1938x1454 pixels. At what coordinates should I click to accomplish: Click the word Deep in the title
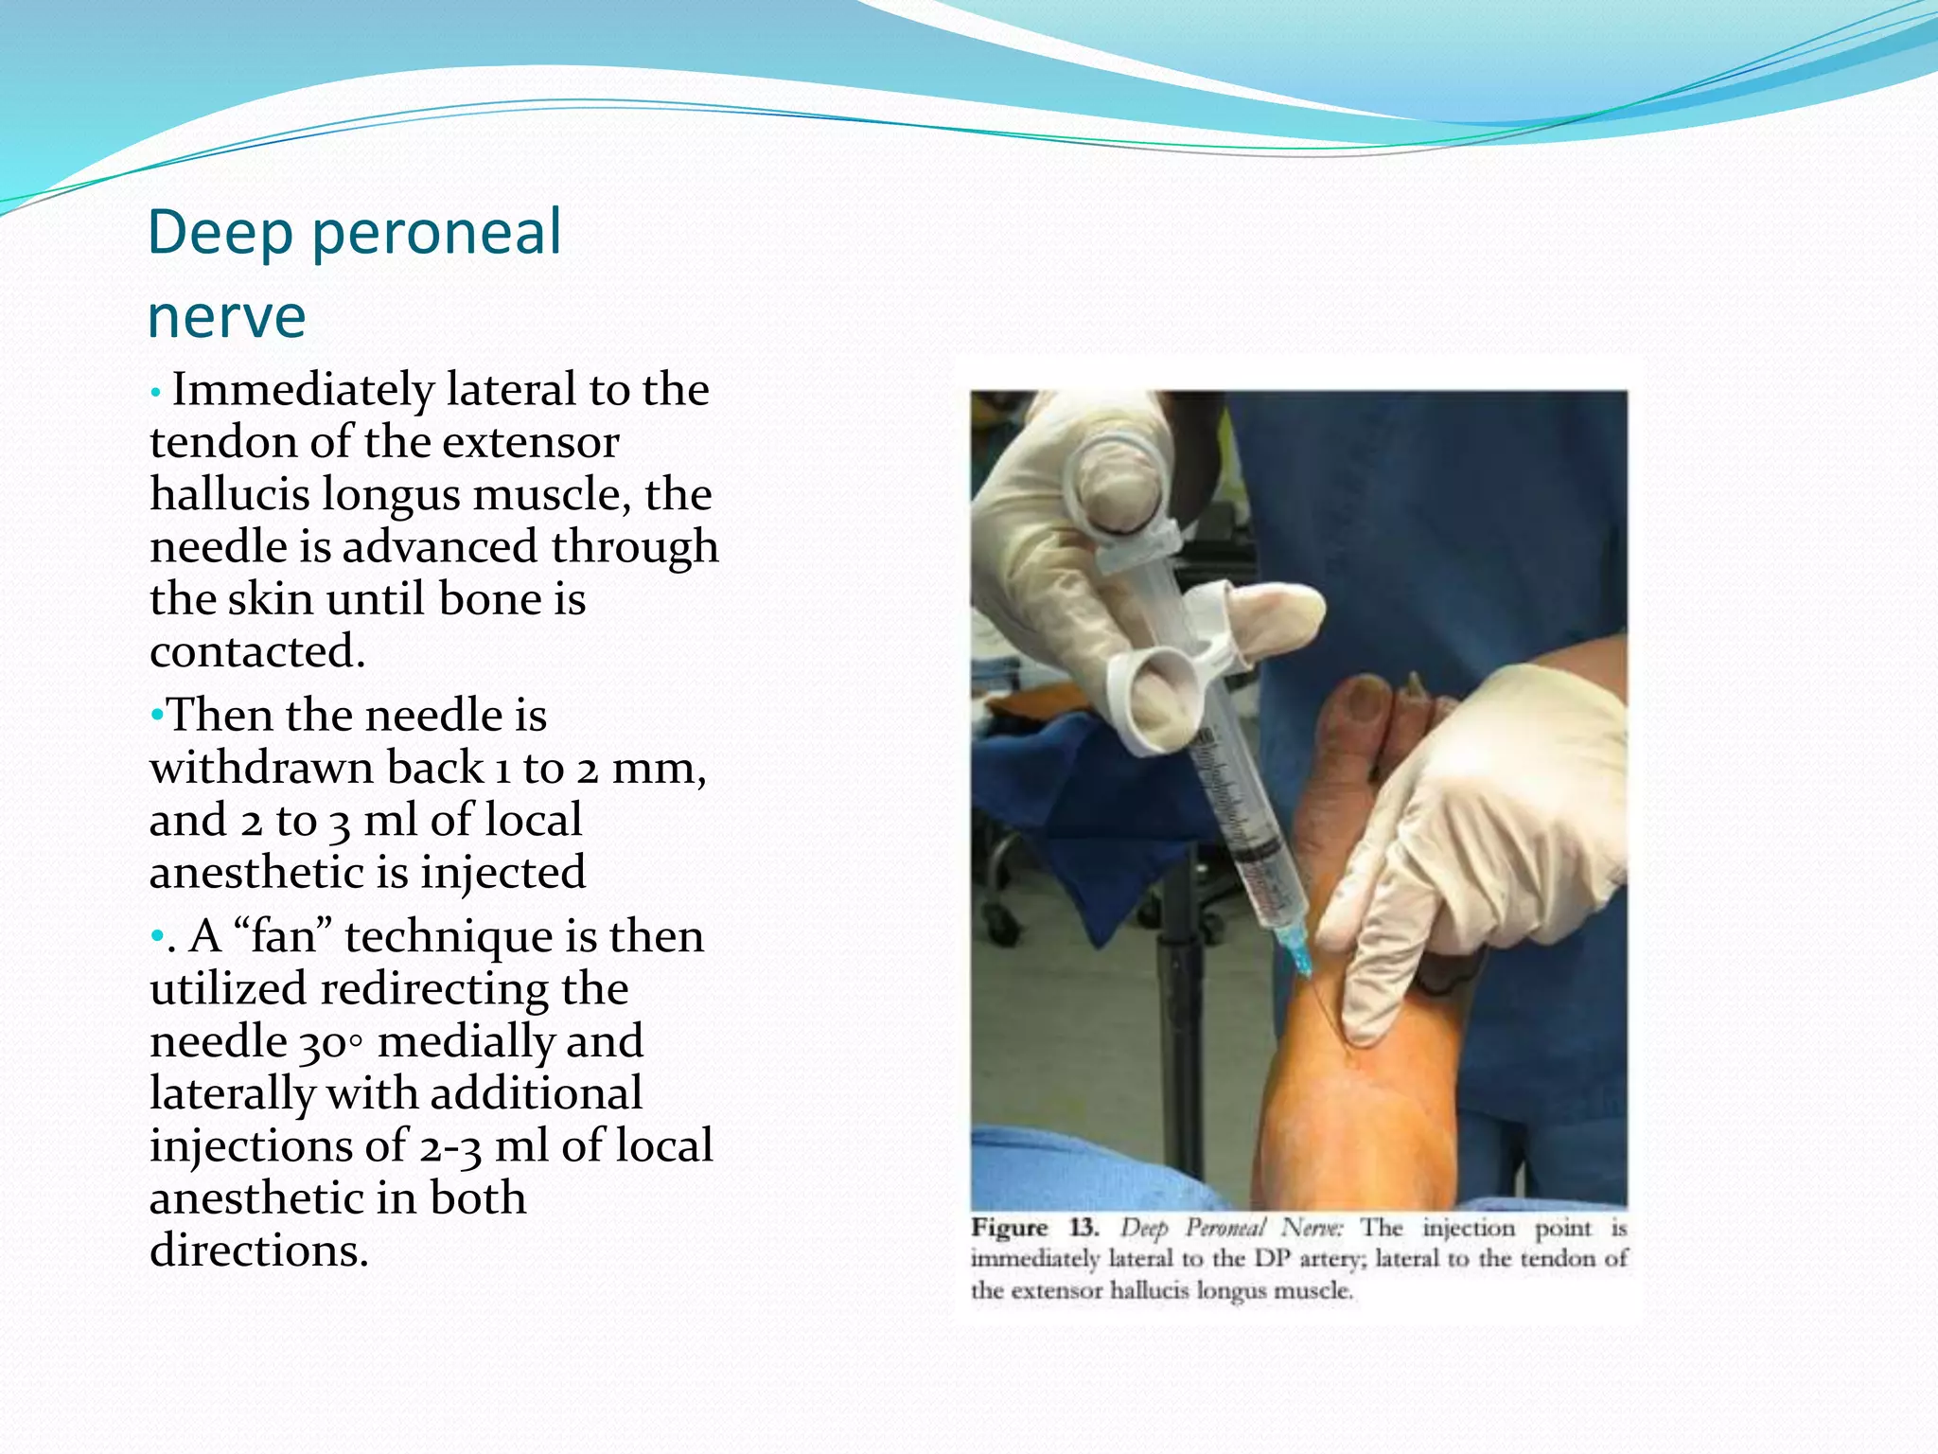[x=220, y=233]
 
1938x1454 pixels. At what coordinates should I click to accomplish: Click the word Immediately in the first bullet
[x=301, y=390]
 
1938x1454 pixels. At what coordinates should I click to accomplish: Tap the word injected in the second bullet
[x=502, y=873]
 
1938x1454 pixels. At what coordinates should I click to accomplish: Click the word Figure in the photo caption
[x=1010, y=1229]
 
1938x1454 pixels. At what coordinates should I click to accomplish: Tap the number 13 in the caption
[x=1083, y=1229]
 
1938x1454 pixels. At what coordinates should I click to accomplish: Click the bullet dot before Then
[x=157, y=716]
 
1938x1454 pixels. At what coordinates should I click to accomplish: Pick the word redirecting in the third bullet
[x=474, y=989]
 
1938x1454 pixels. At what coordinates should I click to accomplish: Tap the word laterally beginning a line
[x=232, y=1094]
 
